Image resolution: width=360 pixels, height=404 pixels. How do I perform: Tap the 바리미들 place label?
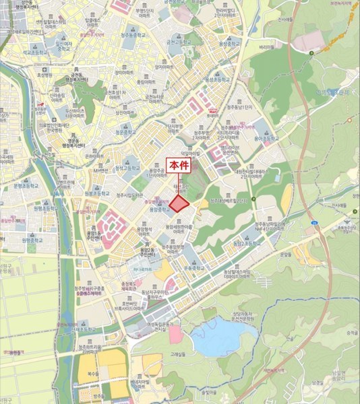click(266, 48)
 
